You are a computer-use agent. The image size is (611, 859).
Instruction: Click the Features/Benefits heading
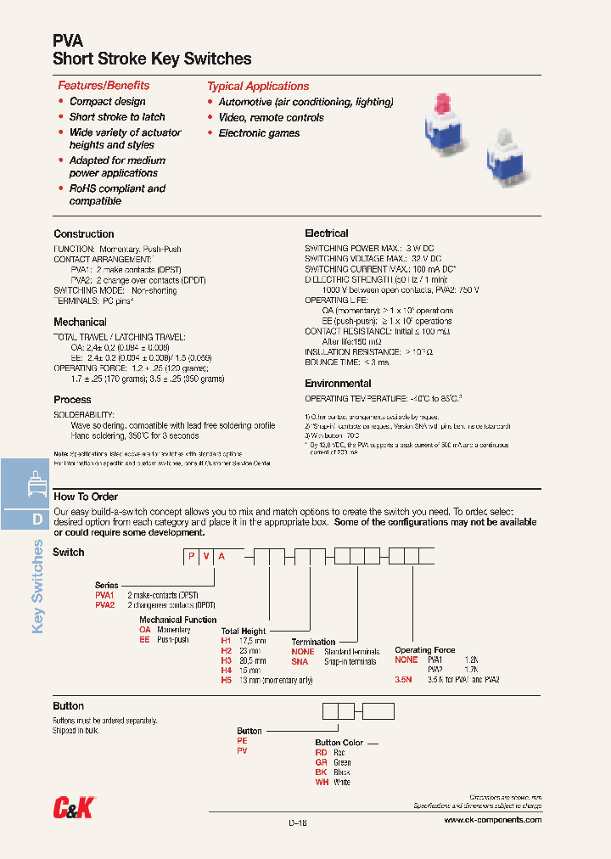click(104, 86)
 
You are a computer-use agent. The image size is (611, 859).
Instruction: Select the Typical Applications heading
click(258, 87)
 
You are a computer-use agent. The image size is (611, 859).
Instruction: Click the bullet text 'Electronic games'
click(259, 133)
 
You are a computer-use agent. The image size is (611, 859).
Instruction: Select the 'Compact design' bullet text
click(107, 102)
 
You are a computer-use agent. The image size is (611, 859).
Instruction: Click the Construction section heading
click(84, 234)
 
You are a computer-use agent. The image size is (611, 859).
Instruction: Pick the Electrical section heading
click(327, 233)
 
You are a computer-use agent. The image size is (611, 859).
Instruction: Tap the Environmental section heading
click(338, 384)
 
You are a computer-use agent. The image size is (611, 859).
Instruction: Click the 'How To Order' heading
click(86, 497)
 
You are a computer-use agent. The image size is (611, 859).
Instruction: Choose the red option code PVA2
click(104, 605)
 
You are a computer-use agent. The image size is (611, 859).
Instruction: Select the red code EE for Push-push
click(144, 639)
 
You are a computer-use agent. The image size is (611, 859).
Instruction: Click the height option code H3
click(227, 660)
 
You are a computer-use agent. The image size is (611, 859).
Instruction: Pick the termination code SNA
click(300, 661)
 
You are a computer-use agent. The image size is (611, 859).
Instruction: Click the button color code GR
click(321, 762)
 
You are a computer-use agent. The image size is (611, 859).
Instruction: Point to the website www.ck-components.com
click(492, 820)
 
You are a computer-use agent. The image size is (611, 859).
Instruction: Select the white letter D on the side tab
click(37, 519)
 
